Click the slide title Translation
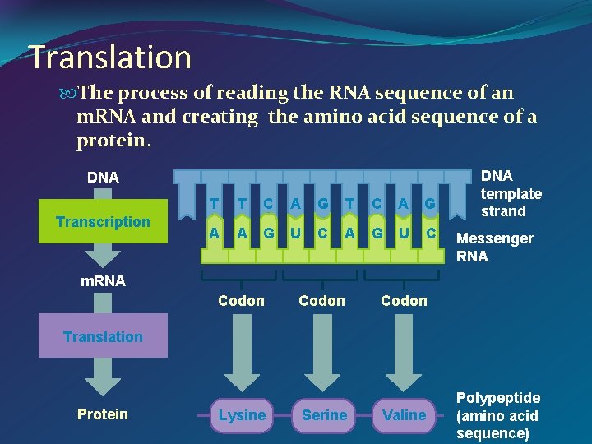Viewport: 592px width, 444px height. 110,57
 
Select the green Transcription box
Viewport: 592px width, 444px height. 103,222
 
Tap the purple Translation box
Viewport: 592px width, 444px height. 103,336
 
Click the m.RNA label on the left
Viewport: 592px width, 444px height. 103,281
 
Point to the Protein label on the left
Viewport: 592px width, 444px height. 103,414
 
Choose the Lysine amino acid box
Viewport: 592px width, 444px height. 242,415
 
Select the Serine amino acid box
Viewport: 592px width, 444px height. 324,415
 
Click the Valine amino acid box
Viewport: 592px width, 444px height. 405,415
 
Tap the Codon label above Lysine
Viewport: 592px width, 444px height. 242,301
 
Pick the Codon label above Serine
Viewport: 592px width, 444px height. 322,301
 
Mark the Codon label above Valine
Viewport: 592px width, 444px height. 404,301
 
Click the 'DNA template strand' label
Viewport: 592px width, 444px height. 511,194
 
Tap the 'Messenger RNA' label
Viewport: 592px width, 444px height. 495,247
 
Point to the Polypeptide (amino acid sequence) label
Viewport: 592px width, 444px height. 498,415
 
